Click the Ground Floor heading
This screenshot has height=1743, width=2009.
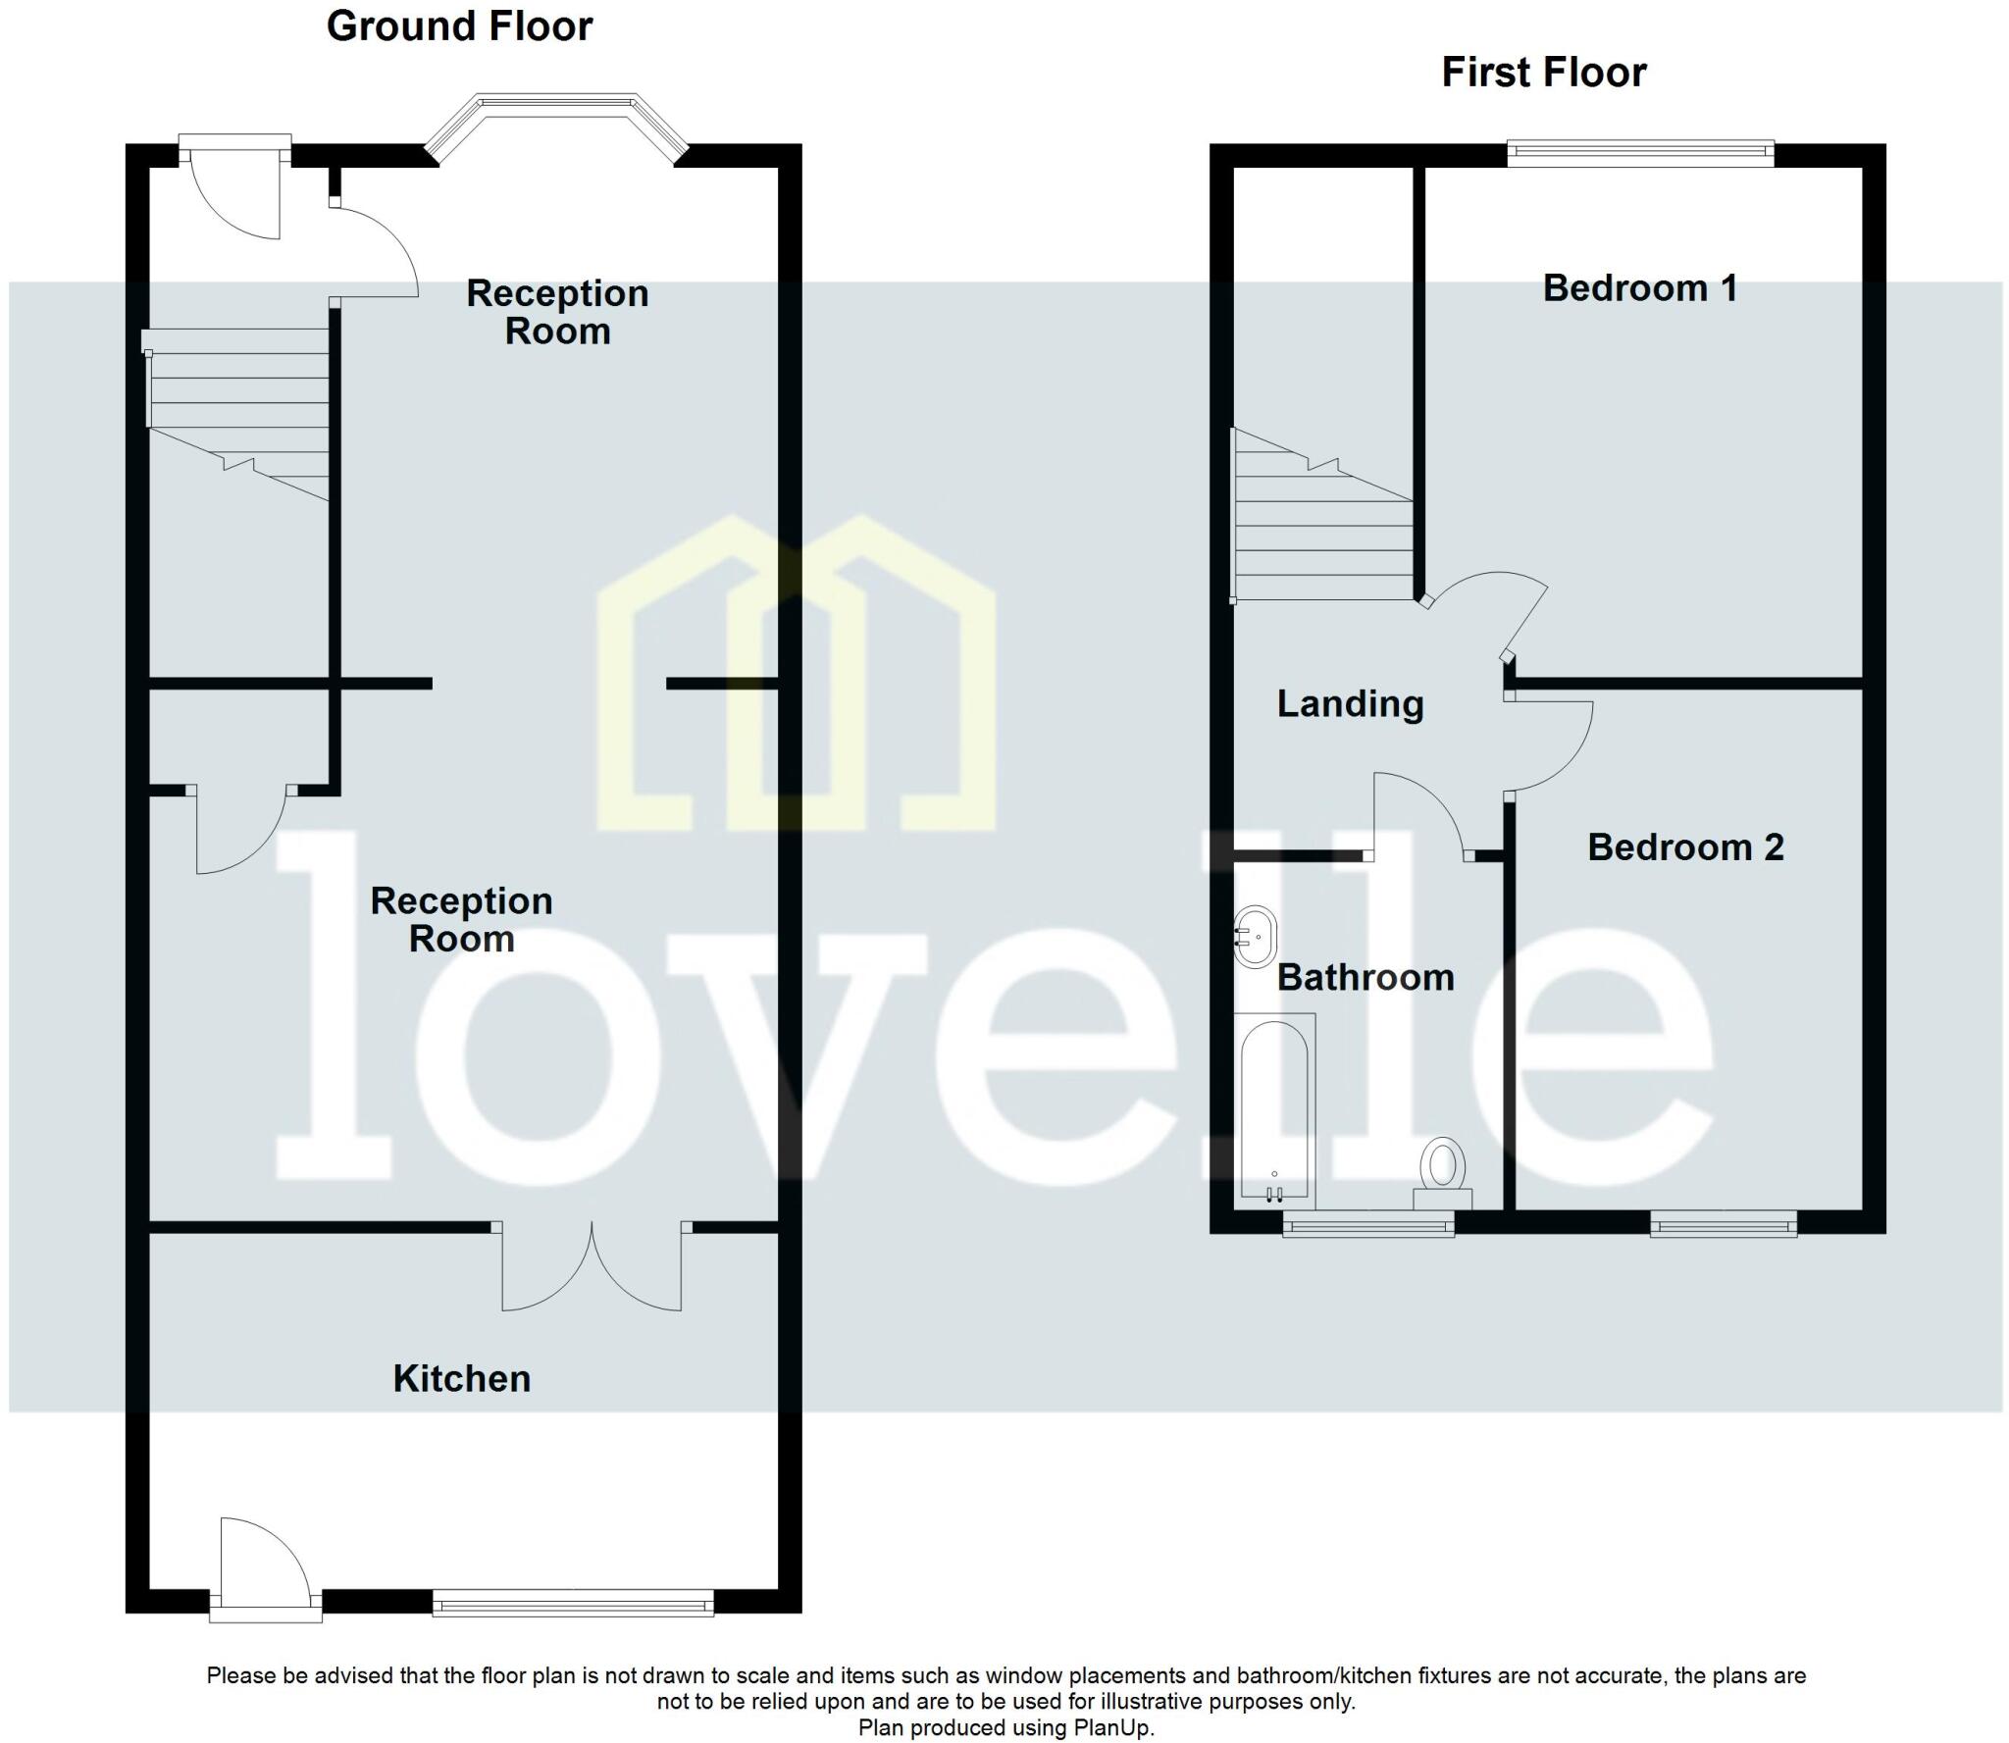pos(459,26)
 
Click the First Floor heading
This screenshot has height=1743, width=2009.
pos(1543,73)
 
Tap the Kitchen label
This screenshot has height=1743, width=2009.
pos(461,1378)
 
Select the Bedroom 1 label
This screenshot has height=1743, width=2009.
pos(1639,288)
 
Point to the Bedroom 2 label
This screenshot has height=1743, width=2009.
pos(1684,847)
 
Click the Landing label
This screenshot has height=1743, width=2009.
pos(1350,703)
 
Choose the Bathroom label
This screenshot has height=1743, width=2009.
pos(1365,977)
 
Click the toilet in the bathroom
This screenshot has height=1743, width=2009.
pos(1443,1171)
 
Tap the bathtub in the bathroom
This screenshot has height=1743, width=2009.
pos(1273,1110)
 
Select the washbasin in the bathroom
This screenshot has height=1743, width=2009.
pos(1255,937)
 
